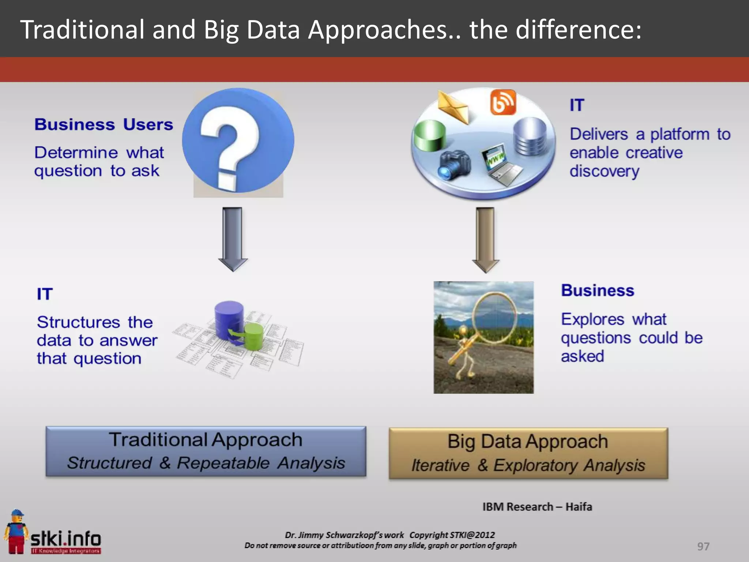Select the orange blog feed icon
(503, 102)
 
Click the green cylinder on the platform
(429, 136)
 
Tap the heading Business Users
(103, 124)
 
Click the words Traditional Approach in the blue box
(206, 439)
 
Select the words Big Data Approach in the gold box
(528, 441)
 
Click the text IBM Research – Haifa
(537, 507)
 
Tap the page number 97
(703, 546)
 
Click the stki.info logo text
(66, 539)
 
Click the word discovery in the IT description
(604, 171)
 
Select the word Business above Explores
(598, 291)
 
